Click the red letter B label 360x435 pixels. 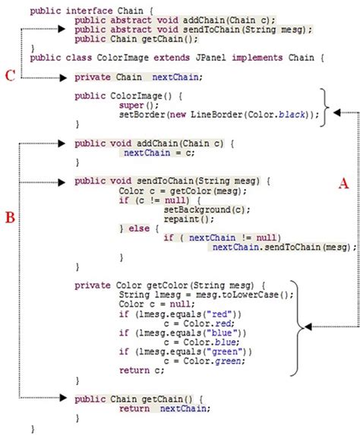click(x=10, y=218)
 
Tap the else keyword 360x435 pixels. click(x=140, y=227)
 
